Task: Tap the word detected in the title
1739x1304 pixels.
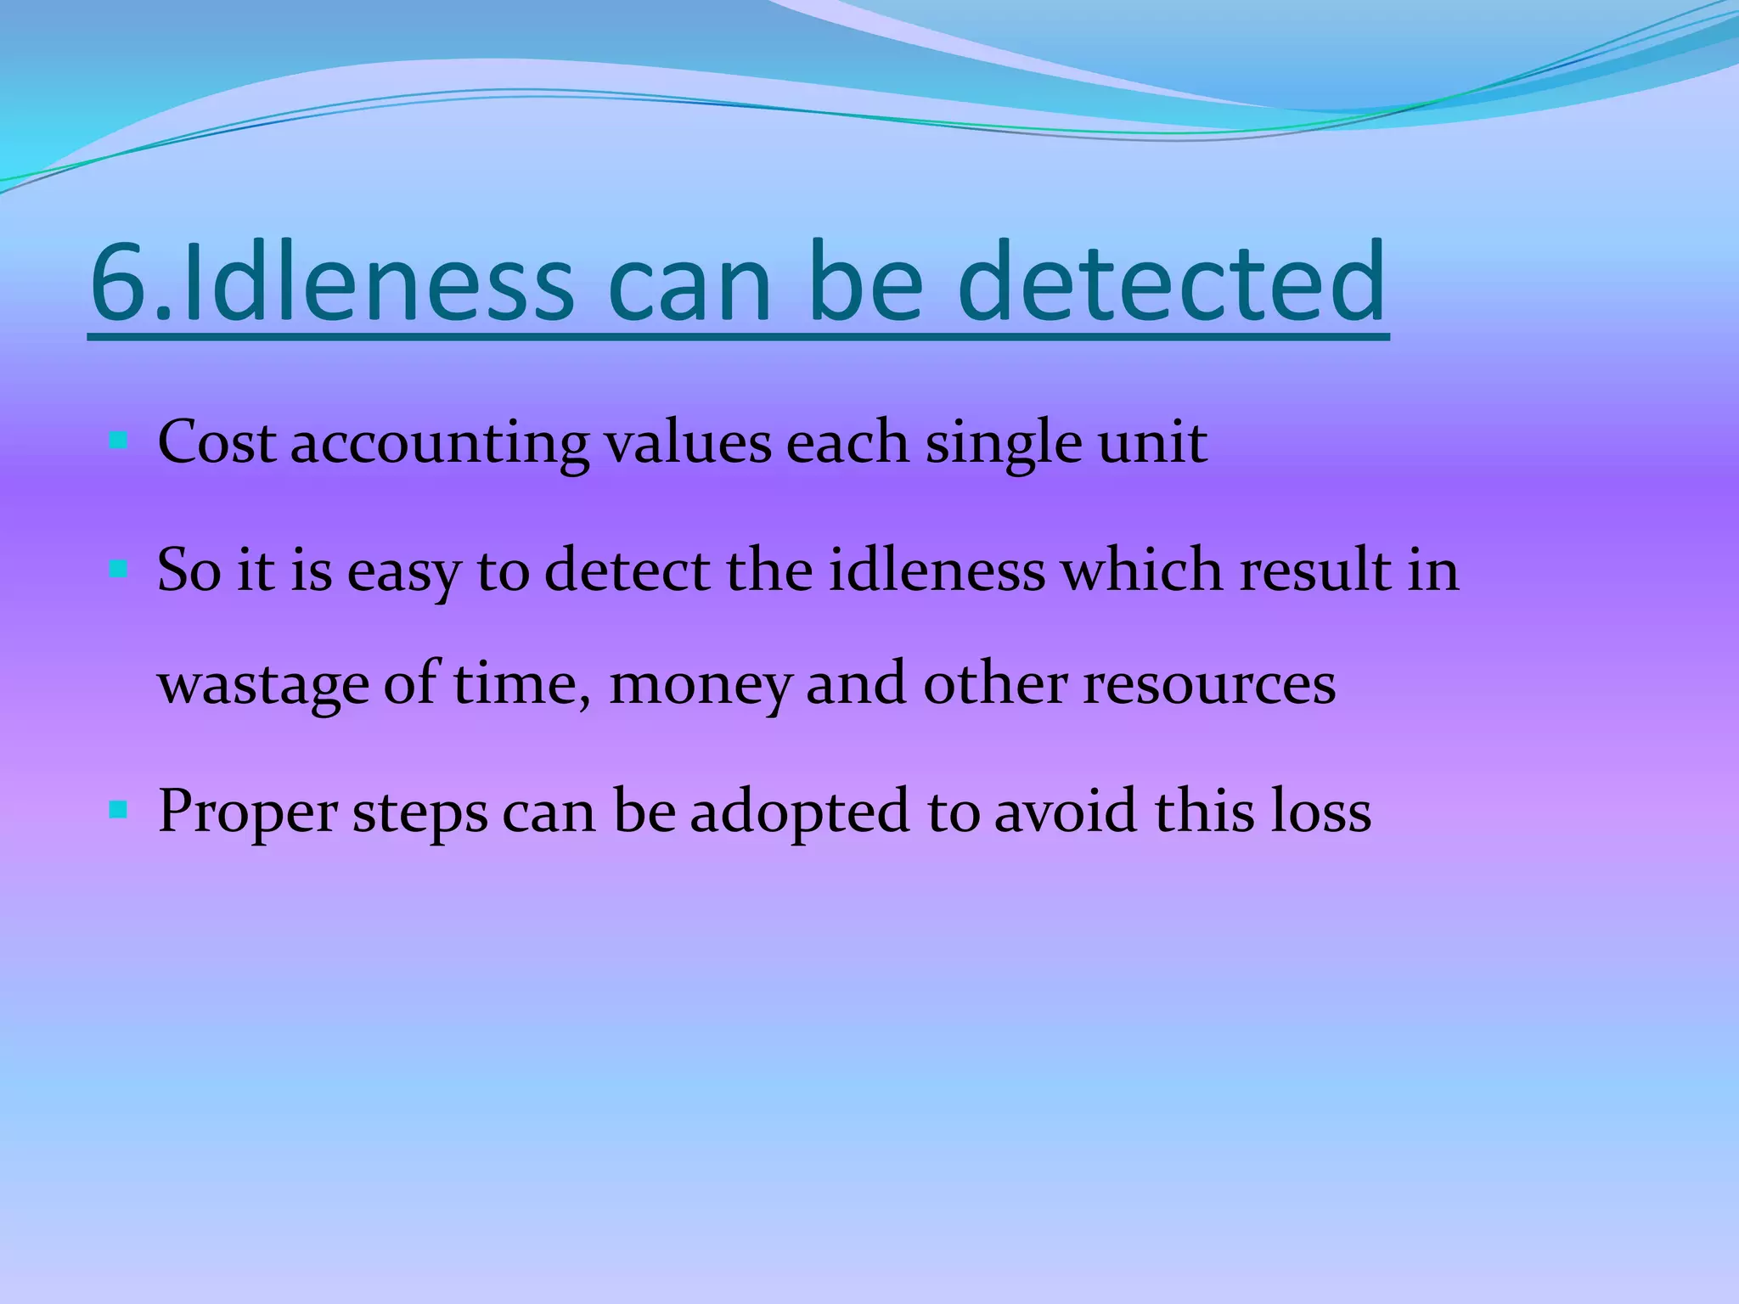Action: (x=1172, y=282)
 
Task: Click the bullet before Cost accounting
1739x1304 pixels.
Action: (x=118, y=441)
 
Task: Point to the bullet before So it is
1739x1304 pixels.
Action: (x=118, y=568)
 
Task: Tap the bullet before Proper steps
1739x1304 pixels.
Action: (x=118, y=810)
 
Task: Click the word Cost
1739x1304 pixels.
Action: (x=217, y=442)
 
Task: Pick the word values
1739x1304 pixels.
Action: (x=688, y=442)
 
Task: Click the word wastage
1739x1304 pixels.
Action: (x=263, y=686)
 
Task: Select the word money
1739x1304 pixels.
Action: (x=700, y=686)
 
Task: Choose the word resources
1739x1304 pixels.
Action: (x=1209, y=686)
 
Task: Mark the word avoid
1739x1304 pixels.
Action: (x=1065, y=812)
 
